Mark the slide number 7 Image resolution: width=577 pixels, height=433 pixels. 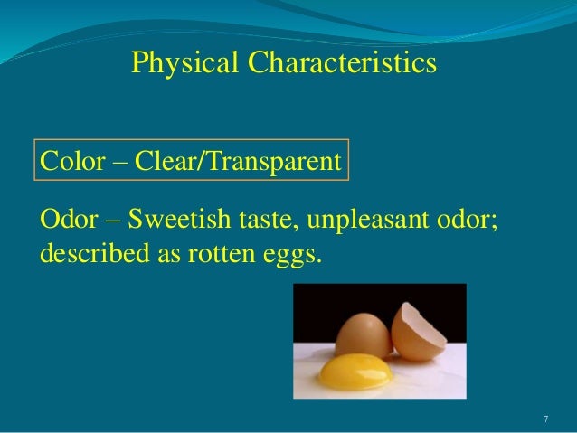545,419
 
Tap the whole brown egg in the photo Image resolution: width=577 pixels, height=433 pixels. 361,334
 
